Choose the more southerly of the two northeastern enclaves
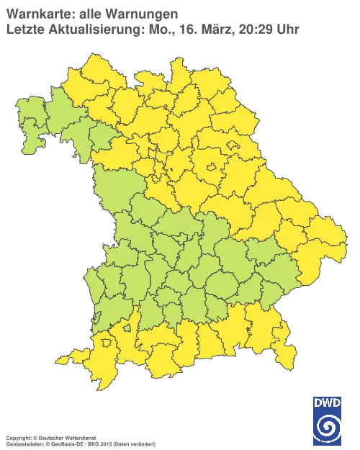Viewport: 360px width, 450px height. coord(213,168)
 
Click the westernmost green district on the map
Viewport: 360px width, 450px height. coord(27,130)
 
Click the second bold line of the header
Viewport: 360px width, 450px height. coord(86,27)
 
